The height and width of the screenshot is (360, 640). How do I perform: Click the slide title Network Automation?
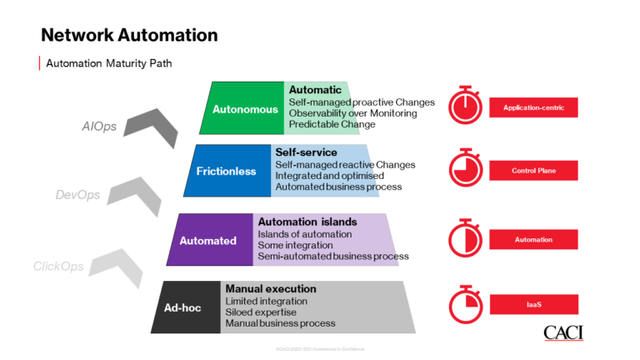(x=129, y=35)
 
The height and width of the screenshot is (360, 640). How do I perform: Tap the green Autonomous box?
(x=240, y=108)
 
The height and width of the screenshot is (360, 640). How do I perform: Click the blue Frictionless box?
(x=227, y=171)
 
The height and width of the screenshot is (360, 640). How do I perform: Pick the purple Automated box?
(x=208, y=241)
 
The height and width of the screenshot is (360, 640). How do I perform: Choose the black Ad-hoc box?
(x=182, y=307)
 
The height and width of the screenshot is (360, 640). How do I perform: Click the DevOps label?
(x=77, y=195)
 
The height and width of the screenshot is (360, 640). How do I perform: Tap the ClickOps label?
(x=58, y=267)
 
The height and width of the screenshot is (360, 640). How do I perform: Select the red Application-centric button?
(x=533, y=107)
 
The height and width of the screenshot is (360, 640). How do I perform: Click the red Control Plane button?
(x=533, y=171)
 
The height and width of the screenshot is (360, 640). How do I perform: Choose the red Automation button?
(x=533, y=240)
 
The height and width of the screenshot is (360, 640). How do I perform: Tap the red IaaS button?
(x=533, y=304)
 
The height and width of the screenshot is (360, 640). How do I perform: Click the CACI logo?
(x=563, y=333)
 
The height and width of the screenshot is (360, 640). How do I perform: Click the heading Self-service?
(x=306, y=153)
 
